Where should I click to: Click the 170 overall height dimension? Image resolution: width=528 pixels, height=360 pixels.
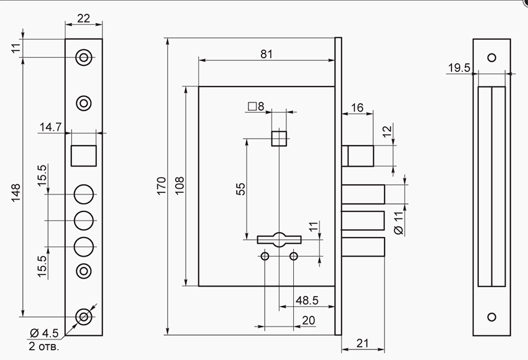click(162, 185)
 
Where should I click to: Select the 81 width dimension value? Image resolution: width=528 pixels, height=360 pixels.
click(266, 54)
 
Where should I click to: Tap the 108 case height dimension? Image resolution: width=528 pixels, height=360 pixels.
click(180, 185)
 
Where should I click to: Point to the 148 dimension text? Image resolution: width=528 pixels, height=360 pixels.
click(16, 193)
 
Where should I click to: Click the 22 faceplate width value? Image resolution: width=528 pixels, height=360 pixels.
click(83, 18)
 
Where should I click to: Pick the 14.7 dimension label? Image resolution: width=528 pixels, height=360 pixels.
click(50, 127)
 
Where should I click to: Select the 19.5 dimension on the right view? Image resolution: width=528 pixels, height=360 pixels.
click(459, 68)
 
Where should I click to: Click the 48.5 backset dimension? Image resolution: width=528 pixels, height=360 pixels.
click(307, 300)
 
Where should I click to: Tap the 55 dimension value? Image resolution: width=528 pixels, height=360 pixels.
click(241, 189)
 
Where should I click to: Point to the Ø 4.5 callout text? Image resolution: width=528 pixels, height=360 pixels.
click(44, 333)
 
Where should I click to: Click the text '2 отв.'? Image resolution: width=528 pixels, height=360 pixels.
click(43, 346)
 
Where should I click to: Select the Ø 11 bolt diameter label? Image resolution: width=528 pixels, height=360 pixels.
click(398, 223)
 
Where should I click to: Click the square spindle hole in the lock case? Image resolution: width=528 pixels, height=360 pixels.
click(279, 139)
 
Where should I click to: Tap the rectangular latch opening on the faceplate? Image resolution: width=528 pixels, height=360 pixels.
click(83, 155)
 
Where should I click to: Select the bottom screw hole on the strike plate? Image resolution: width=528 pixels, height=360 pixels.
click(491, 317)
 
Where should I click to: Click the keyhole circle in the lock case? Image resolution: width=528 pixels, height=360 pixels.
click(279, 239)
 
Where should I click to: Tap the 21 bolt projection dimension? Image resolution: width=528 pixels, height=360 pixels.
click(362, 343)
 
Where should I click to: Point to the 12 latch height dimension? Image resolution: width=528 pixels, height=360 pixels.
click(388, 131)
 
